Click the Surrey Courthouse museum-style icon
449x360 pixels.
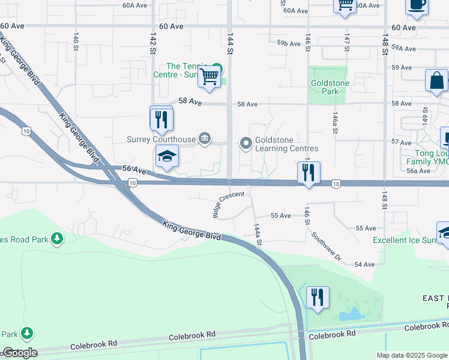(205, 139)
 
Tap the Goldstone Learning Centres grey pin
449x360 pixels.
(246, 143)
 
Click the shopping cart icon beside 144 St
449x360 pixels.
(209, 77)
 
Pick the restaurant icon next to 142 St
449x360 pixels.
(161, 119)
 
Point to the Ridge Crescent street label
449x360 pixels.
(228, 205)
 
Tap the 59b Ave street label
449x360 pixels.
(288, 43)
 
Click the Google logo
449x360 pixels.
(19, 353)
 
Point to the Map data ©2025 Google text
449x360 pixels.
(412, 355)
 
